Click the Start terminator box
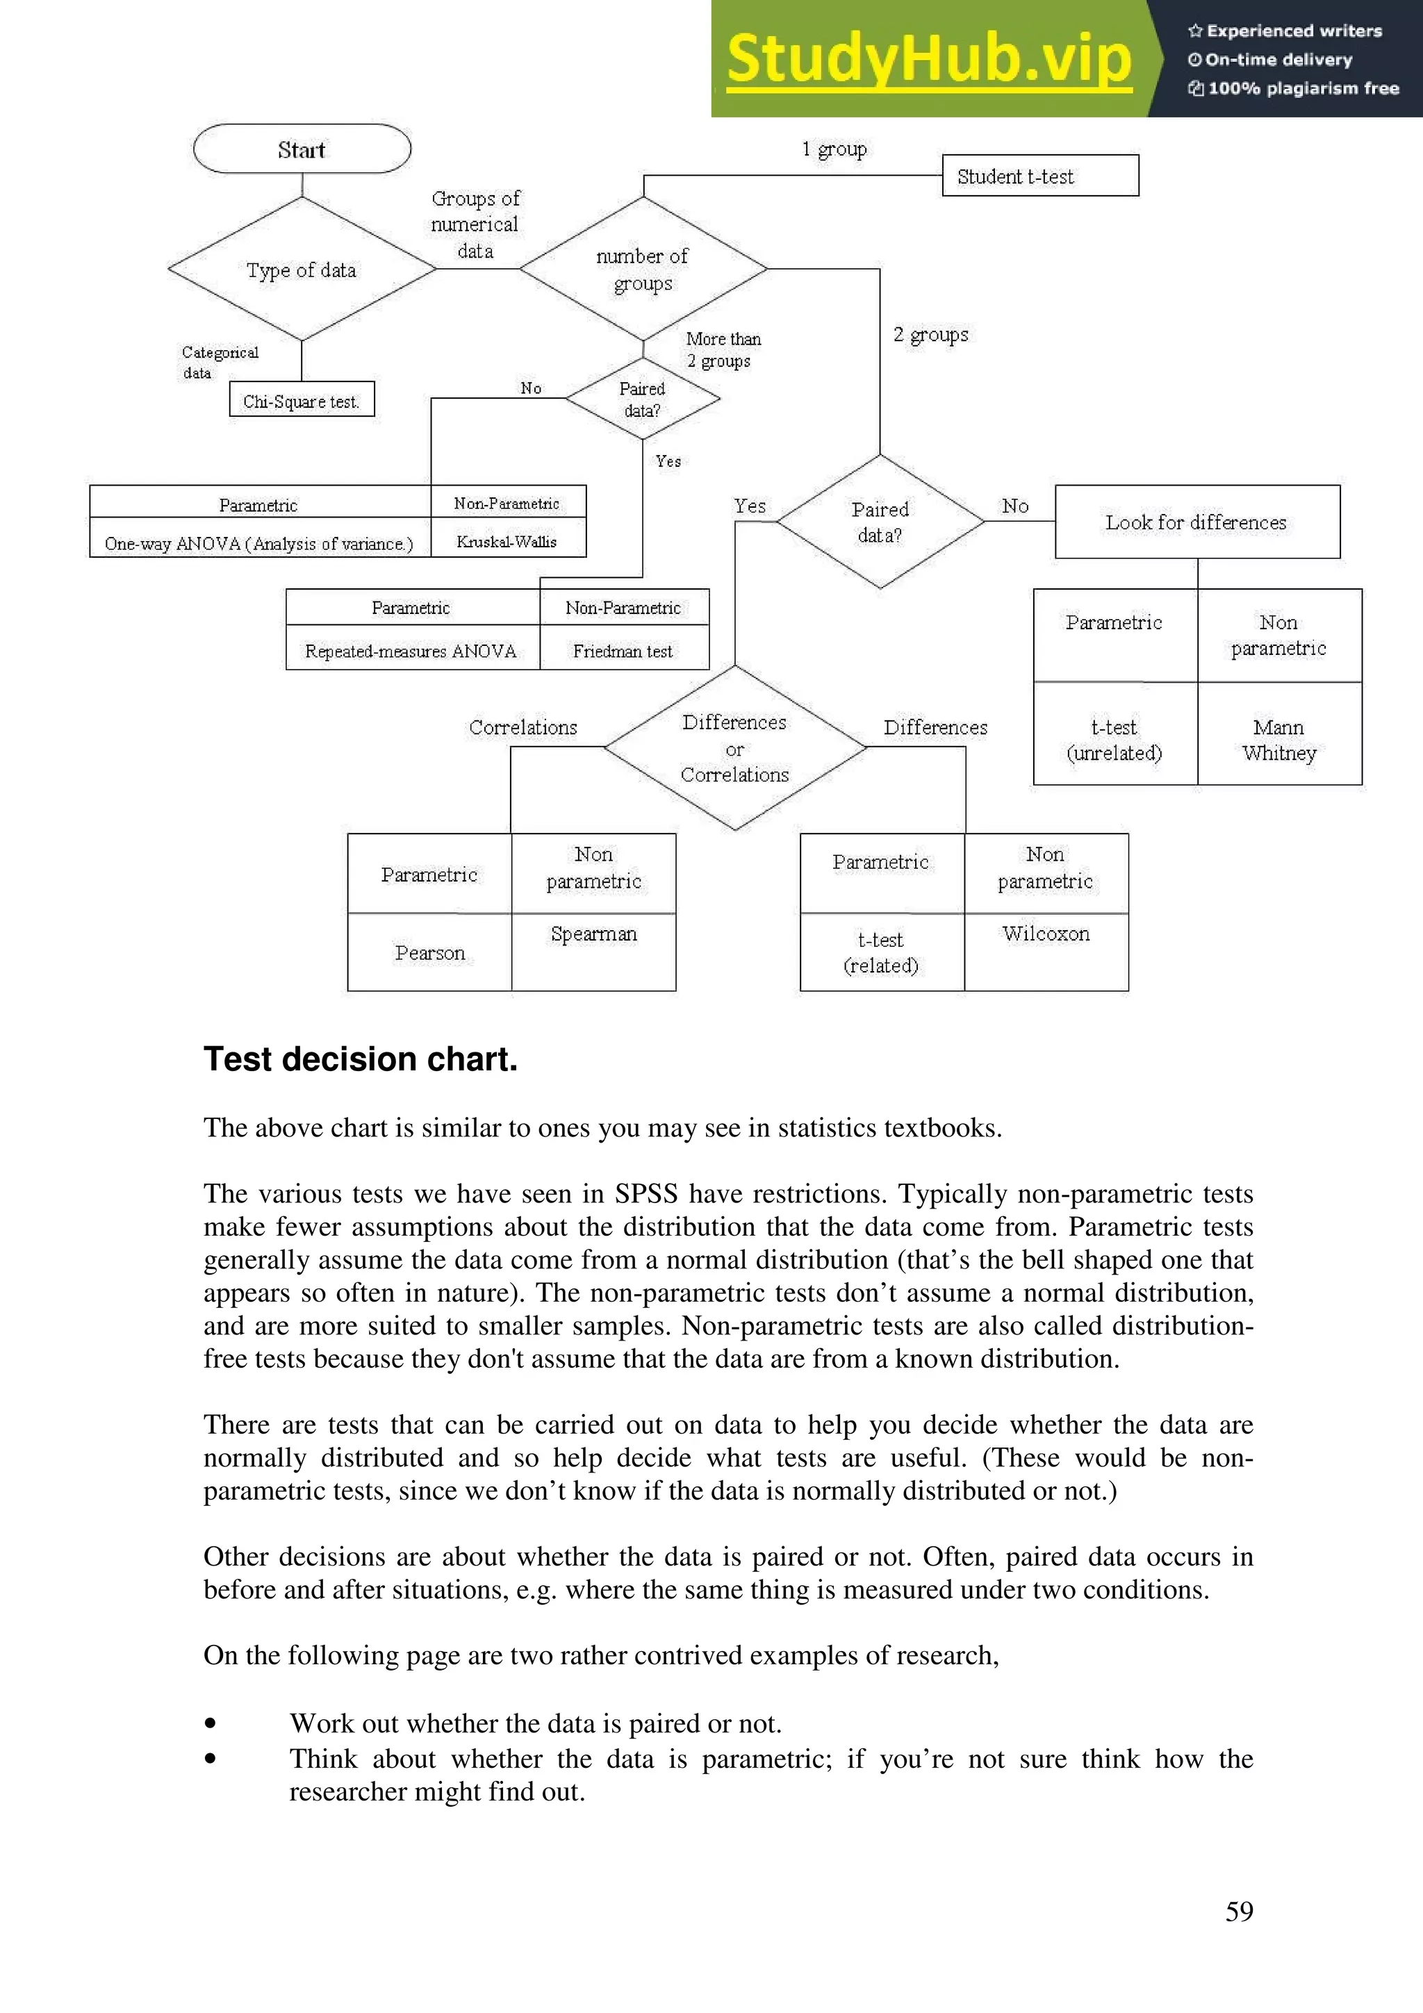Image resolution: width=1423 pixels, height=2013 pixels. pyautogui.click(x=302, y=149)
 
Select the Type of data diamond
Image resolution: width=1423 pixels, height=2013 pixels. pyautogui.click(x=302, y=269)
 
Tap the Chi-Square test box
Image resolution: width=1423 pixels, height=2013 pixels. pyautogui.click(x=301, y=400)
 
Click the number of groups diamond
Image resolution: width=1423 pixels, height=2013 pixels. pyautogui.click(x=643, y=268)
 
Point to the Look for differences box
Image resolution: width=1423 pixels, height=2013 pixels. pyautogui.click(x=1196, y=522)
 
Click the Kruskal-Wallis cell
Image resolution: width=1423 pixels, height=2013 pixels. pyautogui.click(x=507, y=541)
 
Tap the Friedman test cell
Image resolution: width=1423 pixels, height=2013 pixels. pyautogui.click(x=623, y=651)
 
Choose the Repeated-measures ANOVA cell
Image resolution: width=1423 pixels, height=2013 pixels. pyautogui.click(x=411, y=651)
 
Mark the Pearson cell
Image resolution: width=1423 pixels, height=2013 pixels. pyautogui.click(x=429, y=952)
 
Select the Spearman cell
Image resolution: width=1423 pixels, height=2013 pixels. pyautogui.click(x=593, y=935)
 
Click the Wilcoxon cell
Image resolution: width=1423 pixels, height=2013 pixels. pyautogui.click(x=1045, y=935)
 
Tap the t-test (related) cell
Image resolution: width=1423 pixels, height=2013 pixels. pyautogui.click(x=881, y=952)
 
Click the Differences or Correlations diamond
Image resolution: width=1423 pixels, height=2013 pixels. pyautogui.click(x=734, y=748)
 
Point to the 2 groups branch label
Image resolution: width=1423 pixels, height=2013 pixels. pyautogui.click(x=930, y=334)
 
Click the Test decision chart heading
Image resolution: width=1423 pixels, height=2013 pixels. pyautogui.click(x=361, y=1059)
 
